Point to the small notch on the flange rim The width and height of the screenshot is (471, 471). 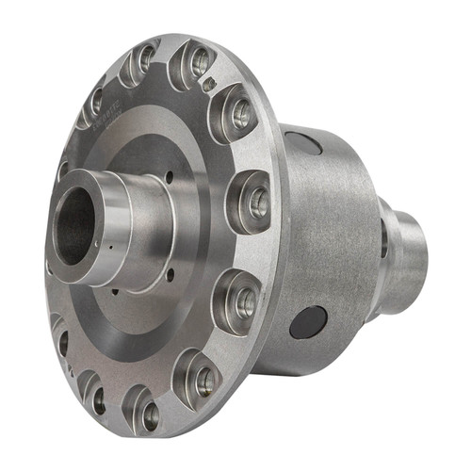(212, 83)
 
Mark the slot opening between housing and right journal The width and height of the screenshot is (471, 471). (382, 240)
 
